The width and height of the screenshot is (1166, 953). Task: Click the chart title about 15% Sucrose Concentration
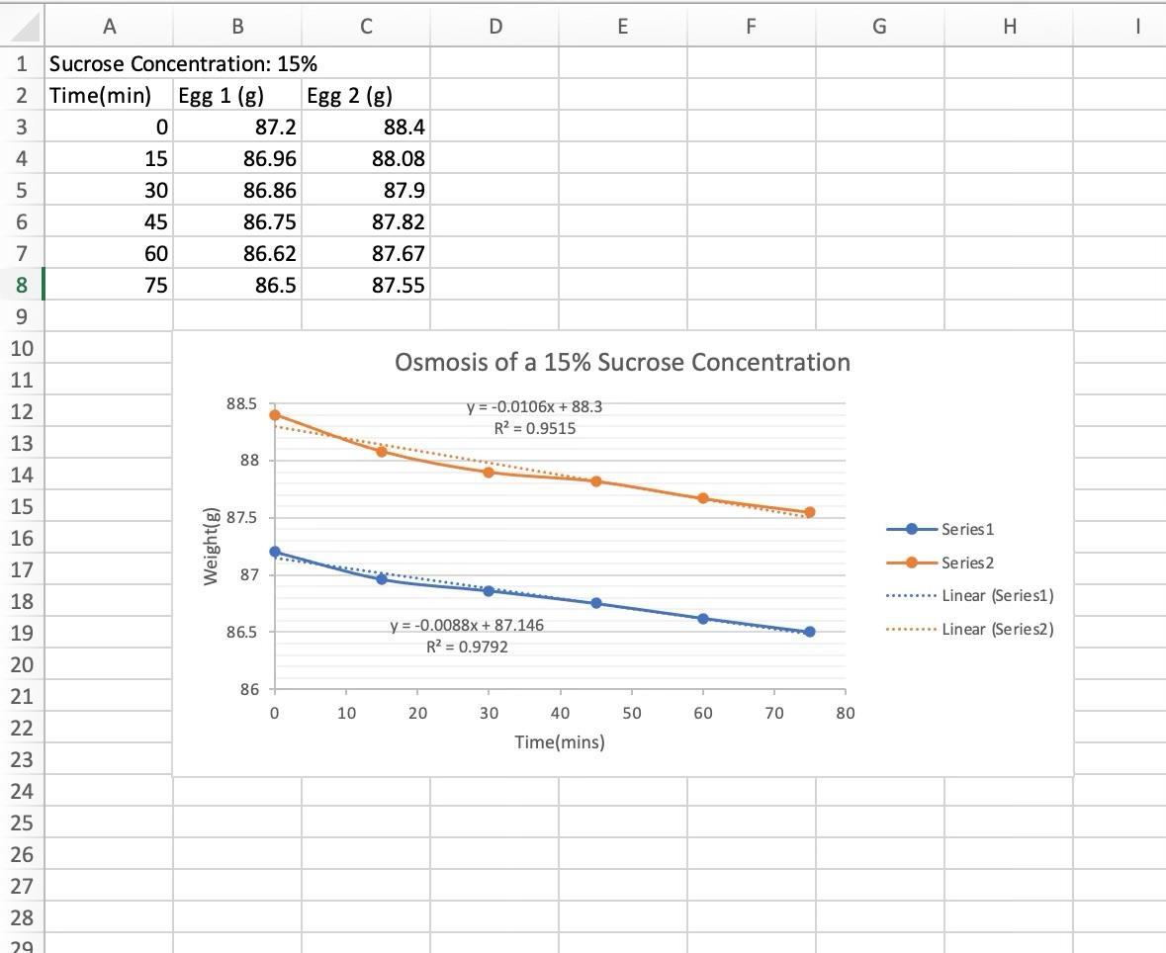(x=622, y=362)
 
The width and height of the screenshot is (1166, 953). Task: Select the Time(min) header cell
(x=100, y=95)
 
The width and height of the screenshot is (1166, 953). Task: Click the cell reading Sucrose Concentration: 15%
(x=183, y=64)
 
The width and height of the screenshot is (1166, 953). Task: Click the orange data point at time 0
(x=275, y=415)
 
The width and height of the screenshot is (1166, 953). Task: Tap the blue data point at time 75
(x=810, y=632)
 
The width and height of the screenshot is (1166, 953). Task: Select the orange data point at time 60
(x=703, y=498)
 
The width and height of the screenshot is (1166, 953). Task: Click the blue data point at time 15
(x=382, y=579)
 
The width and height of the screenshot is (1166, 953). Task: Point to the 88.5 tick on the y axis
(x=242, y=404)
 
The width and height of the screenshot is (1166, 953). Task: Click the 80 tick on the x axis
(x=845, y=713)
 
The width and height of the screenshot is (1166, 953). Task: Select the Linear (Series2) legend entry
(x=997, y=629)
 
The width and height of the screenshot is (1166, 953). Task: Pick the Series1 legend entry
(x=967, y=529)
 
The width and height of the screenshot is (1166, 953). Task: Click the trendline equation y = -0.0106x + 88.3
(x=534, y=406)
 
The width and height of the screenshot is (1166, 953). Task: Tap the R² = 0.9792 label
(x=467, y=647)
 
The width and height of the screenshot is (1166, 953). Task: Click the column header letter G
(x=879, y=27)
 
